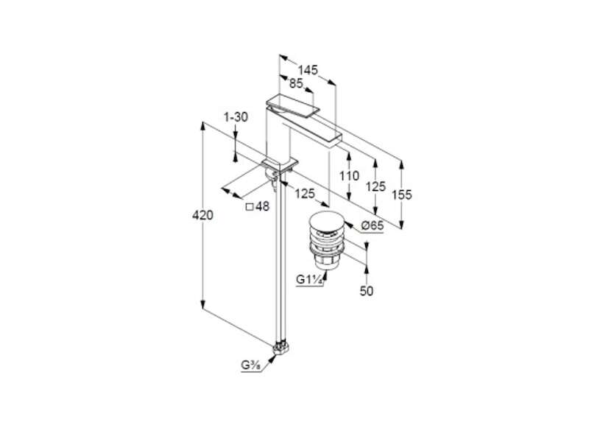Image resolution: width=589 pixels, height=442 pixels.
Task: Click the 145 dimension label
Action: click(308, 70)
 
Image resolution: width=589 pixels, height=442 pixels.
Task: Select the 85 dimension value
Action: click(296, 83)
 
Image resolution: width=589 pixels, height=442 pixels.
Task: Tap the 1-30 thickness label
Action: click(236, 117)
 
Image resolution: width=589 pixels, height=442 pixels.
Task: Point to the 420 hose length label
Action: click(202, 215)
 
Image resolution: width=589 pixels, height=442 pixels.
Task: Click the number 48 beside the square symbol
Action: click(263, 206)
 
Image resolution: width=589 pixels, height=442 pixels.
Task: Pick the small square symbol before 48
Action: click(250, 206)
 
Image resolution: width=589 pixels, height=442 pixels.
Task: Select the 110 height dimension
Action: click(349, 175)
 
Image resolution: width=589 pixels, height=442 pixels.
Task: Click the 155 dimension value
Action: click(401, 194)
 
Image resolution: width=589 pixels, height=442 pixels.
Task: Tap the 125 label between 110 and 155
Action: click(375, 186)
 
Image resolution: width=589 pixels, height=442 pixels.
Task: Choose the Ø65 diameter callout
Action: click(372, 225)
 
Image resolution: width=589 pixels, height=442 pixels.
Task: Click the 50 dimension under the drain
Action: click(367, 290)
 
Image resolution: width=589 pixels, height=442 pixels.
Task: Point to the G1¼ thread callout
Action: click(309, 280)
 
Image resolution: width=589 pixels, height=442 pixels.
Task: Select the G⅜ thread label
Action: click(251, 365)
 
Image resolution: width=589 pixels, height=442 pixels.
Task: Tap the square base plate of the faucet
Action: click(281, 164)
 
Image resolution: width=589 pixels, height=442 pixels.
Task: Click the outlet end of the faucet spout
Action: click(336, 140)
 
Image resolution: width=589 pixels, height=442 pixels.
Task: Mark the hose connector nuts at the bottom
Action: click(281, 348)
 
